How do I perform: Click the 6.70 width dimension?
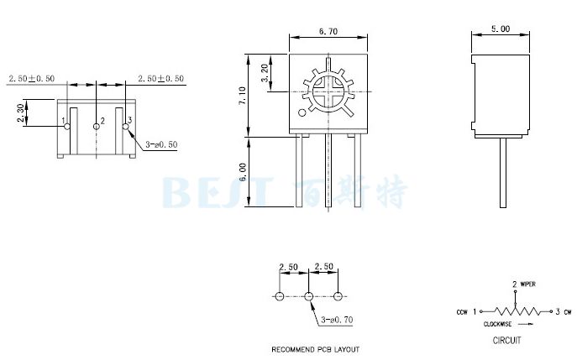(x=328, y=31)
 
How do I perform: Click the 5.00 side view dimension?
(x=501, y=29)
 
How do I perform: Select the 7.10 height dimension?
(x=244, y=94)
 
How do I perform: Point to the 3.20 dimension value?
(x=265, y=73)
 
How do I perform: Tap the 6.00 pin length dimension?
(x=244, y=174)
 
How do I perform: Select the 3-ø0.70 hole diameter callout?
(x=336, y=320)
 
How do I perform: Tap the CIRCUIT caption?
(x=506, y=341)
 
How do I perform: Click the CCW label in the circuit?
(x=462, y=312)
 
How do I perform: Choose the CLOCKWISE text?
(x=500, y=324)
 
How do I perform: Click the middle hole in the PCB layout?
(x=308, y=296)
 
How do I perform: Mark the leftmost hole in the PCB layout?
(x=279, y=296)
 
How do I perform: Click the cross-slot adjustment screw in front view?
(x=328, y=90)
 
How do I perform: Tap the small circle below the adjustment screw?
(x=302, y=112)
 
